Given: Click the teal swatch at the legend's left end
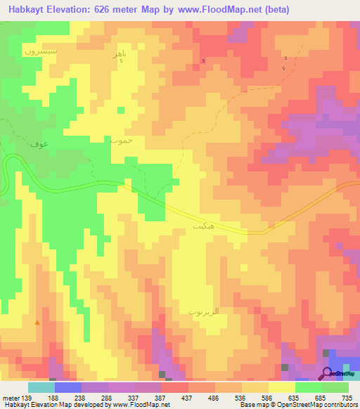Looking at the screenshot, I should [41, 387].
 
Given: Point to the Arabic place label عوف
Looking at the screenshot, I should [39, 144].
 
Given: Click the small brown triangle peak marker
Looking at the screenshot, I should [37, 323].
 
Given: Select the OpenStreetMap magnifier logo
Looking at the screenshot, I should [328, 372].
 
